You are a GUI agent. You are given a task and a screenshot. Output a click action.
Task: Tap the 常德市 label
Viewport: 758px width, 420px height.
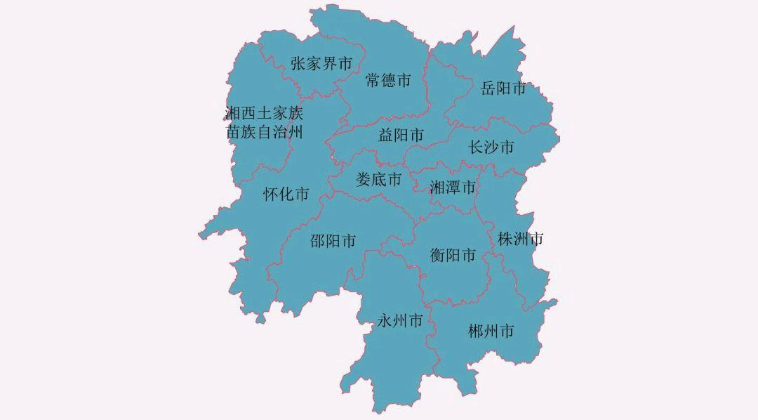coord(388,81)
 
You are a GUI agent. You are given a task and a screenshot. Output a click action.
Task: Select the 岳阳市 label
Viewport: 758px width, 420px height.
coord(503,88)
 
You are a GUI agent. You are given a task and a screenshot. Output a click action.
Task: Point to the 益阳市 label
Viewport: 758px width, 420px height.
coord(401,135)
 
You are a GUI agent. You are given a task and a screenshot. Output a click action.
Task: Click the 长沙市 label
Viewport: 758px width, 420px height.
coord(491,147)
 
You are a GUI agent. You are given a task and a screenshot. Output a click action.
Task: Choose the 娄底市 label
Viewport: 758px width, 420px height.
coord(379,179)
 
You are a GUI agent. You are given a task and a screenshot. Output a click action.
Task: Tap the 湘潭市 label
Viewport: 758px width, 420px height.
coord(453,188)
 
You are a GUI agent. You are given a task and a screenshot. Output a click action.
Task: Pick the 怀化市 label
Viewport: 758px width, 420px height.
coord(286,195)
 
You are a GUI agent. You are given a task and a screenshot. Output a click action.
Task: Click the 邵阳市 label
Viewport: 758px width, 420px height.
coord(333,241)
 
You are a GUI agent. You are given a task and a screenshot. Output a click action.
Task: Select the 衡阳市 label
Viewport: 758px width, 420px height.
coord(453,255)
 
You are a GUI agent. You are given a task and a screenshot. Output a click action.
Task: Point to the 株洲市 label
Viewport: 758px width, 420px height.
coord(520,239)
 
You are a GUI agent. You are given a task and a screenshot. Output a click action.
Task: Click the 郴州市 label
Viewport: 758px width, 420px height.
coord(491,331)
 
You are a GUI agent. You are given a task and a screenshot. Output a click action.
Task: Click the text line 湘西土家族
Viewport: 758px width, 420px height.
coord(264,113)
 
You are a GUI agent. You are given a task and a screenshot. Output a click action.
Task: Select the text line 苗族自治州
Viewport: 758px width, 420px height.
coord(264,131)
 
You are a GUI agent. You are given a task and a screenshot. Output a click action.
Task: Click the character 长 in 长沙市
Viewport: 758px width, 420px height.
coord(477,147)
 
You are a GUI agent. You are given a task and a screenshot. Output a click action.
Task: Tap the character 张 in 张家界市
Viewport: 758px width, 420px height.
coord(298,64)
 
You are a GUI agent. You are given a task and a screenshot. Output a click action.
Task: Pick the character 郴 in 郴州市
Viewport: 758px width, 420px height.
coord(477,331)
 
